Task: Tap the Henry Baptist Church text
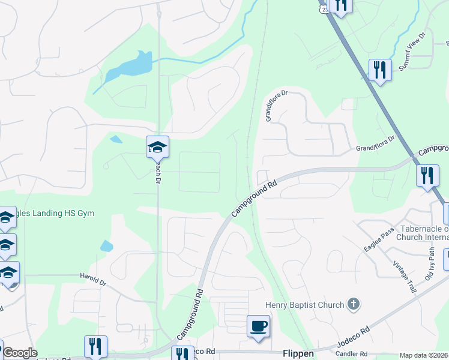(x=306, y=305)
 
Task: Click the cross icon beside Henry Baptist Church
(x=354, y=304)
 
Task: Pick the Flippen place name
(x=298, y=353)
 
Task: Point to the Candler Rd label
(x=351, y=354)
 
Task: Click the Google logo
(x=19, y=353)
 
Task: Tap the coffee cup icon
(x=258, y=326)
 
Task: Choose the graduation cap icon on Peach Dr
(x=157, y=146)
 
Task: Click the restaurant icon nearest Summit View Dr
(x=380, y=69)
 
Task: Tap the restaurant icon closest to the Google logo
(x=95, y=346)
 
